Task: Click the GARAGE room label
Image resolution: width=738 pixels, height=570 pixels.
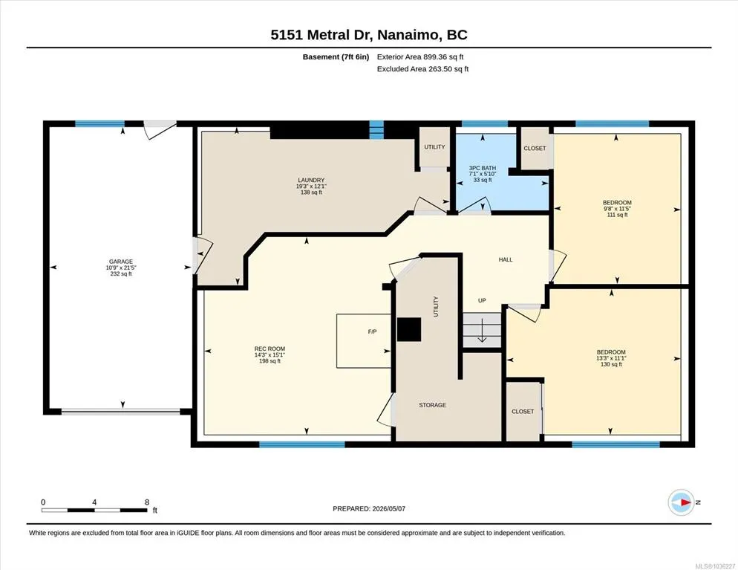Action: click(121, 262)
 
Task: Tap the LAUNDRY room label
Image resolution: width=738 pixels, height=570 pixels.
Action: click(311, 180)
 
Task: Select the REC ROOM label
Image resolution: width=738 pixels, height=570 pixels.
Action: click(270, 349)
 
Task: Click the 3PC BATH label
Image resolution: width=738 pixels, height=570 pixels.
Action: click(483, 168)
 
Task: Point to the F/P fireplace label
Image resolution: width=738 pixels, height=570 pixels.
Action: click(372, 331)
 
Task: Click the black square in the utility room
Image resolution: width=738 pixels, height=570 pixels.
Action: click(409, 329)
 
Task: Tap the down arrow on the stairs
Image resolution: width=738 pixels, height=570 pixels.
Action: click(482, 331)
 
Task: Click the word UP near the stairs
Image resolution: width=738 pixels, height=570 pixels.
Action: click(482, 300)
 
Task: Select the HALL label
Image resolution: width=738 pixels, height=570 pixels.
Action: click(506, 259)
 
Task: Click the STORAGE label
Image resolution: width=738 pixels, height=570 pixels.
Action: click(433, 405)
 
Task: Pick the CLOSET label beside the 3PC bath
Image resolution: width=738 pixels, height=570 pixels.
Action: click(535, 148)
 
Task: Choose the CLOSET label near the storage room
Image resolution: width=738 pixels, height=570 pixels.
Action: click(523, 411)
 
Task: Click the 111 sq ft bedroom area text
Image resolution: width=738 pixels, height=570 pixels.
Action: click(618, 215)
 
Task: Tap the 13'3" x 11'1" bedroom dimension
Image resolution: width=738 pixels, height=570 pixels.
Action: click(611, 358)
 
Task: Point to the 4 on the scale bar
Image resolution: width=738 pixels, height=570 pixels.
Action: click(94, 502)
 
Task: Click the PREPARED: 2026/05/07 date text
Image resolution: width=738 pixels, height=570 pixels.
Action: click(369, 509)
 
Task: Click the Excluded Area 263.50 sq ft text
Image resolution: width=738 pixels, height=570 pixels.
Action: click(422, 69)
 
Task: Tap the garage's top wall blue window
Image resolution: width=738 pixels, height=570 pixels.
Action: click(99, 124)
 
